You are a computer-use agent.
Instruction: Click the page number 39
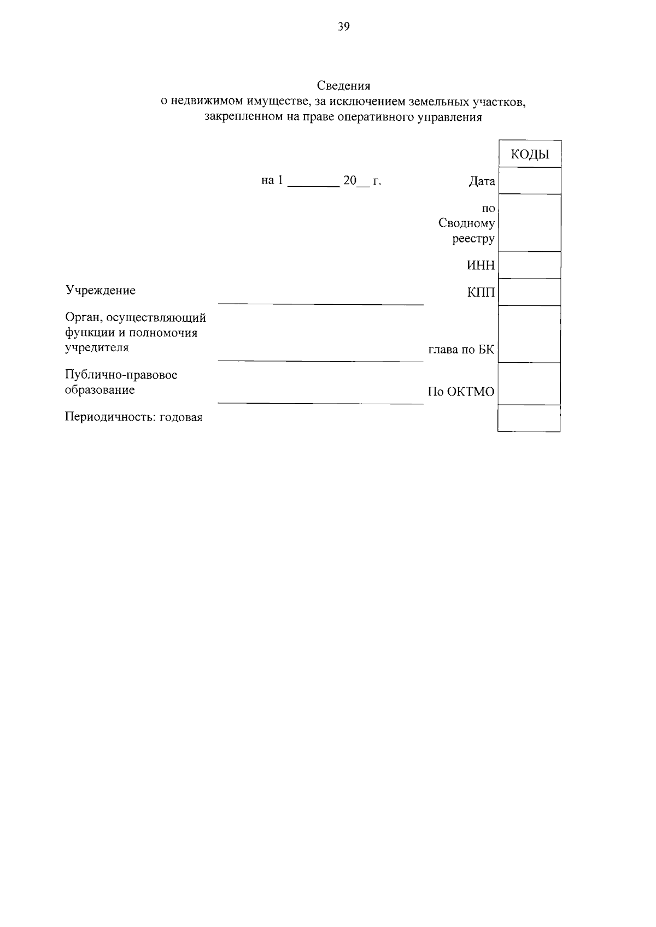click(343, 27)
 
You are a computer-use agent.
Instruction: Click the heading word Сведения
click(343, 86)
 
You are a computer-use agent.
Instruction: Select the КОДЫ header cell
click(530, 155)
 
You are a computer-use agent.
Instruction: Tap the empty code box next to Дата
click(530, 181)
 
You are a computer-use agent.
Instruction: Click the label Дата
click(482, 181)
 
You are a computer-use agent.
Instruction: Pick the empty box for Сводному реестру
click(530, 223)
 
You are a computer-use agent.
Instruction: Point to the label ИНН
click(481, 265)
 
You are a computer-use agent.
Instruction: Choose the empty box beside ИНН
click(530, 265)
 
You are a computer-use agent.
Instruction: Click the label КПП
click(481, 293)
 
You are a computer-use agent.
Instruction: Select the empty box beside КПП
click(530, 292)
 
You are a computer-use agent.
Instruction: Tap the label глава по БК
click(461, 350)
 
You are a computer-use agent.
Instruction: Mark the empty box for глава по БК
click(530, 334)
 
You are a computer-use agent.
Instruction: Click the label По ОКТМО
click(461, 392)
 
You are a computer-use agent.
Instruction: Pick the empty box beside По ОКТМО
click(530, 384)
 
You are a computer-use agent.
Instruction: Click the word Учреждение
click(101, 291)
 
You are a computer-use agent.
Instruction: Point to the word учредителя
click(97, 347)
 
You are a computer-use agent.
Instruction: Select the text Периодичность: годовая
click(134, 417)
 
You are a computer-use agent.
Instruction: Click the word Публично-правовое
click(121, 375)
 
